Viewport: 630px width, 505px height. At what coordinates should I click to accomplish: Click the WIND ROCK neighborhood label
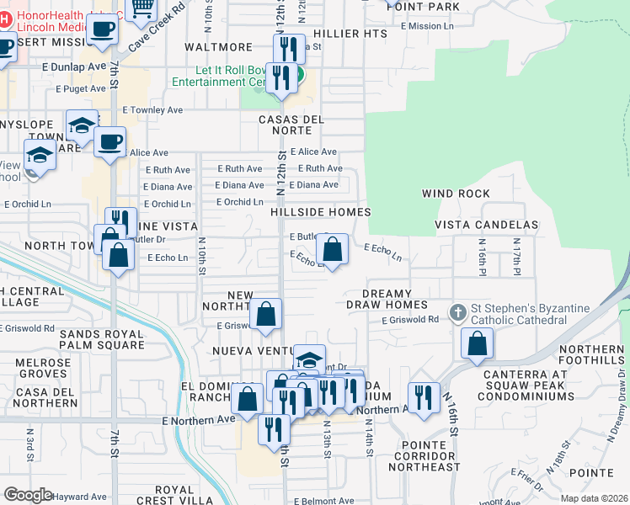click(456, 194)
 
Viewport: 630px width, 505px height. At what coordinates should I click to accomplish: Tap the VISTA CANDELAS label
click(486, 226)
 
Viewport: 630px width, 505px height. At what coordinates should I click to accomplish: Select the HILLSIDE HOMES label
click(321, 213)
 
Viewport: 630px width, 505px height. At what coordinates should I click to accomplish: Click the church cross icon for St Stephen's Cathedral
click(457, 313)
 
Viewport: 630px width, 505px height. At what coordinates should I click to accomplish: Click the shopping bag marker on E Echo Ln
click(333, 249)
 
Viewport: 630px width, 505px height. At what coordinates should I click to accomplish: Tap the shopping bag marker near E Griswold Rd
click(266, 315)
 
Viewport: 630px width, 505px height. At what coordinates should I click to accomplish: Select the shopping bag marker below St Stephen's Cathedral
click(477, 343)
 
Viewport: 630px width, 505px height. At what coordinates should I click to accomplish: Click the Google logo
click(28, 495)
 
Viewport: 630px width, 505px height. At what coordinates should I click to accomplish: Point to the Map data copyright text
click(593, 498)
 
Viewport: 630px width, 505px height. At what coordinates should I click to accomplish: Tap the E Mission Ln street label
click(427, 26)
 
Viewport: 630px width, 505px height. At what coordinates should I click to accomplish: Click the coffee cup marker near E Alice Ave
click(109, 141)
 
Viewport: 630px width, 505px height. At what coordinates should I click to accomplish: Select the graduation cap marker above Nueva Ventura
click(309, 359)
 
